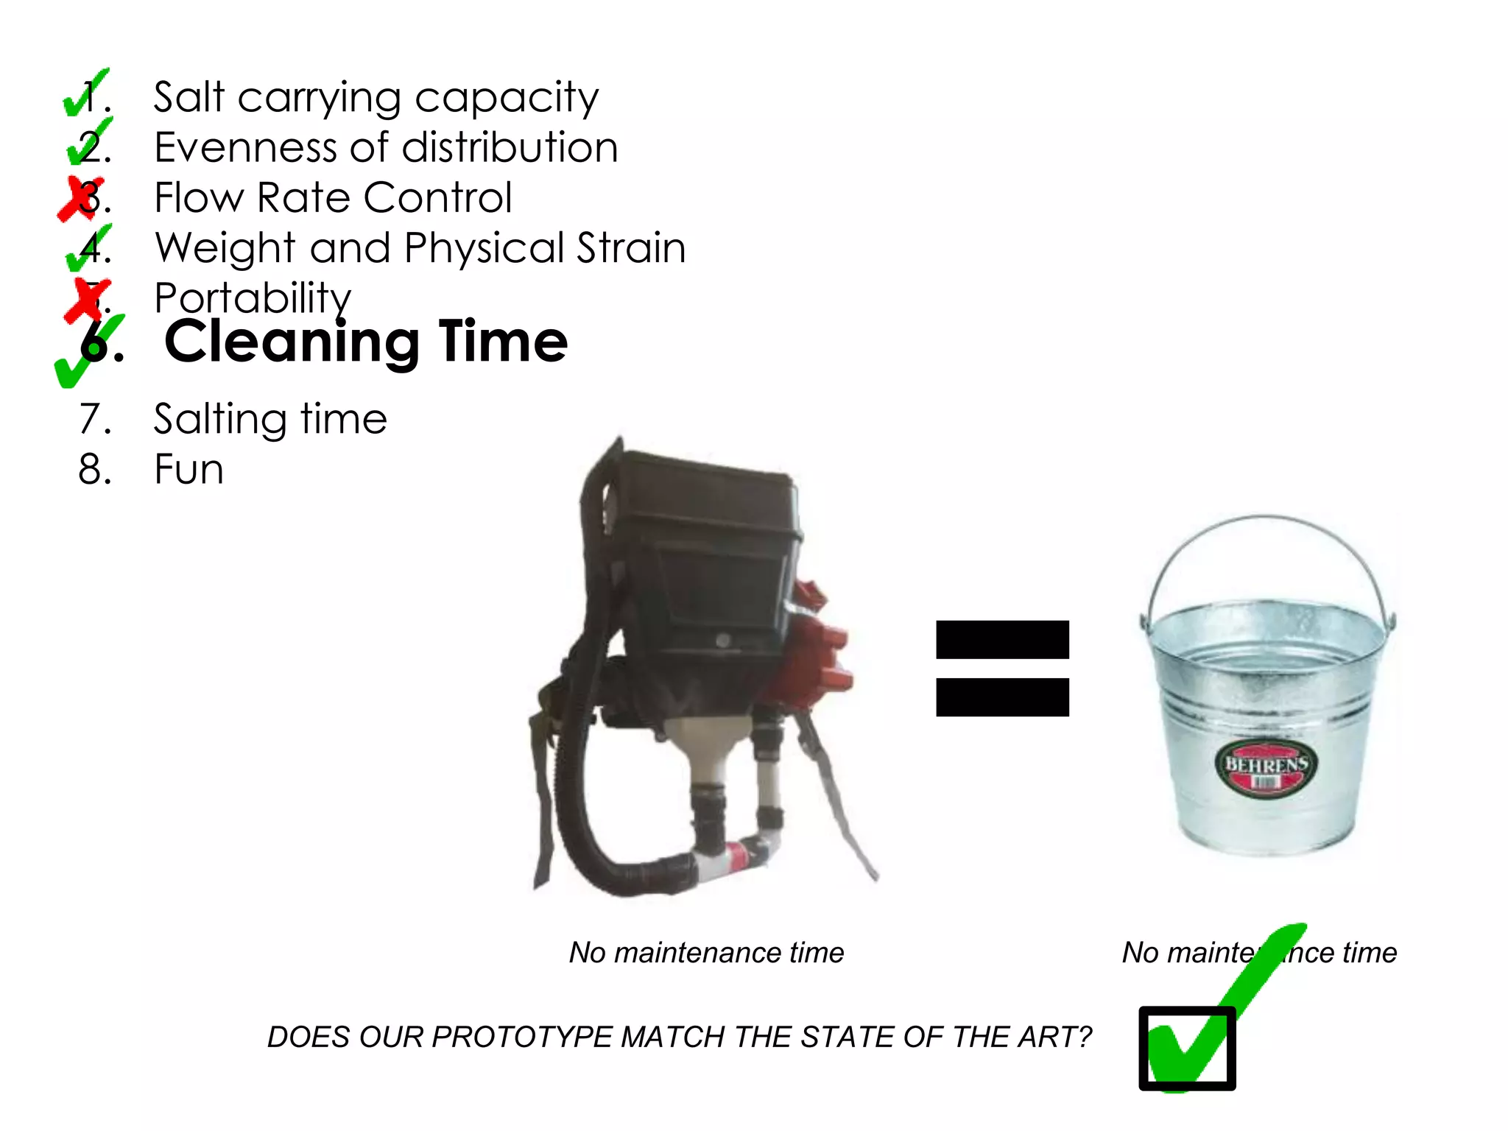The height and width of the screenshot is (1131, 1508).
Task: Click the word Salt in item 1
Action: point(188,97)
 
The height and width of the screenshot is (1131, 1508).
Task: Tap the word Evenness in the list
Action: point(245,147)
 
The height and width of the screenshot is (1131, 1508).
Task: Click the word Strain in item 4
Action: point(630,247)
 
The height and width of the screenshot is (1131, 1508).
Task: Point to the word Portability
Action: point(253,298)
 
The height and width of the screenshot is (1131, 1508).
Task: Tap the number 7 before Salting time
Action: point(91,419)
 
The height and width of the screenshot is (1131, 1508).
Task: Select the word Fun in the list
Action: point(189,469)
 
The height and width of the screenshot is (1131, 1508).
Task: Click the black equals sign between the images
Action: point(1002,668)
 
